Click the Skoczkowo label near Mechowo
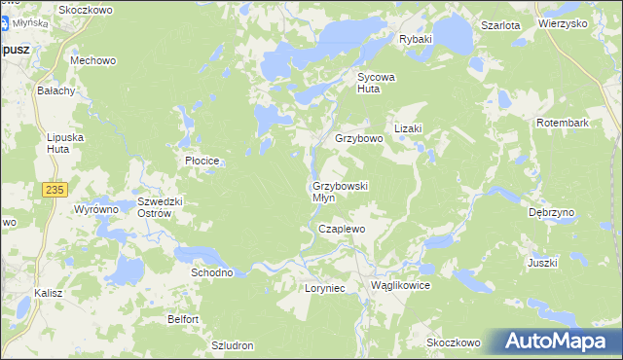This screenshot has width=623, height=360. (86, 10)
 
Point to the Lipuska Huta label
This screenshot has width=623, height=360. (66, 144)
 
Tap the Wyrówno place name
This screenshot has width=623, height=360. (96, 209)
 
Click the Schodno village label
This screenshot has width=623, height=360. (212, 273)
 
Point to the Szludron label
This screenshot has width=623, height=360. (233, 345)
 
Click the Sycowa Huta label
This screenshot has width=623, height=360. (378, 82)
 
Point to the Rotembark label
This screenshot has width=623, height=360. (564, 124)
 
